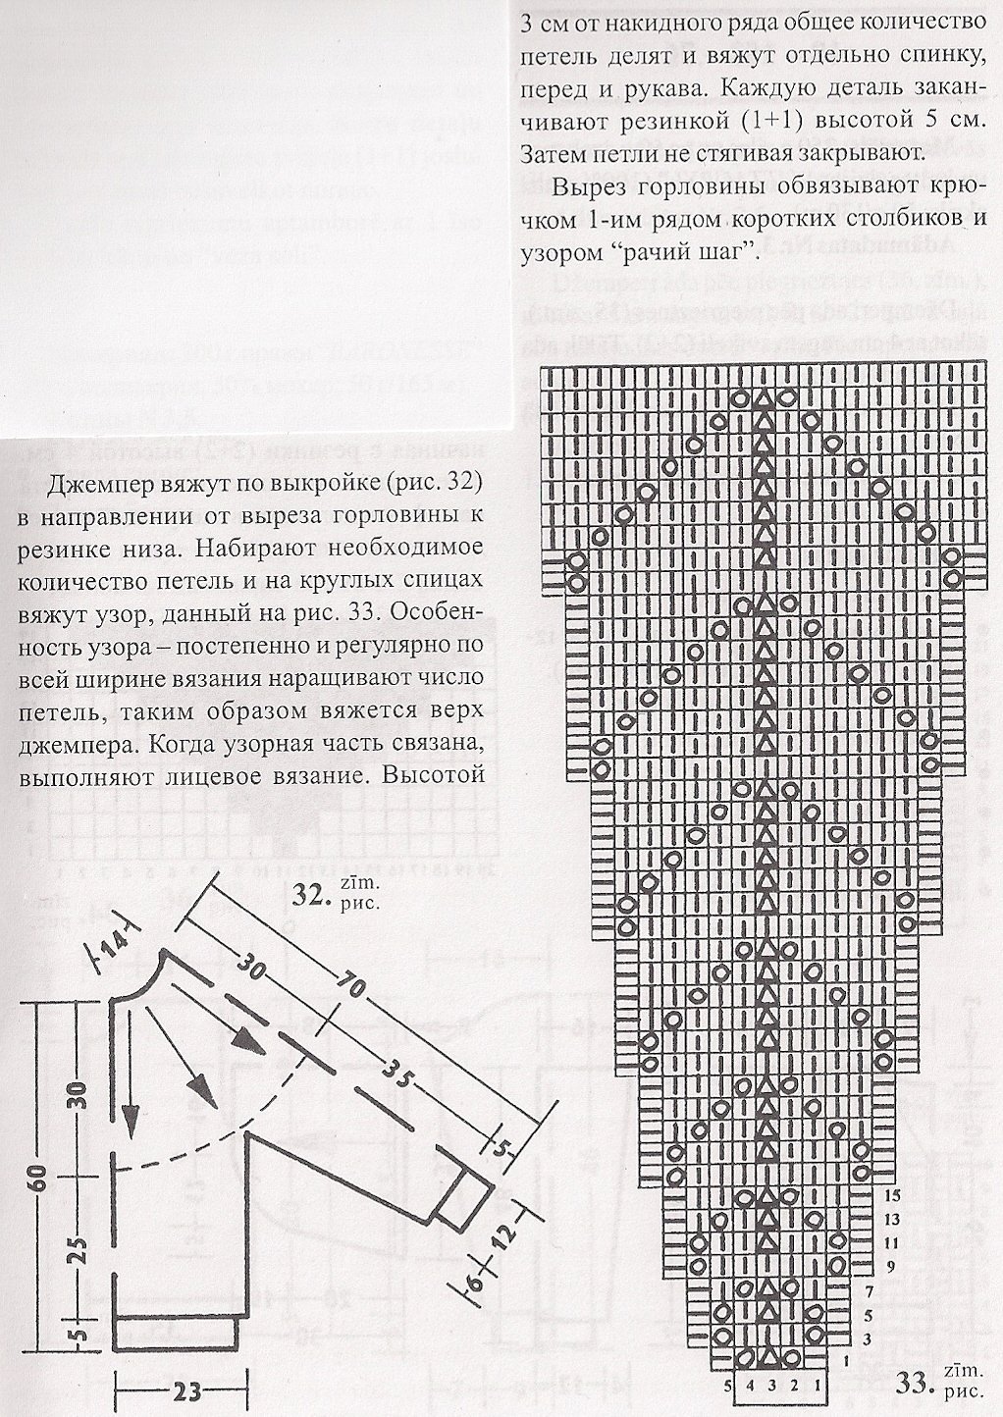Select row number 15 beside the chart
point(891,1196)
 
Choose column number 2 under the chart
point(792,1387)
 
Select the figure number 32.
point(311,897)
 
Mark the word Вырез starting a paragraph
point(591,188)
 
